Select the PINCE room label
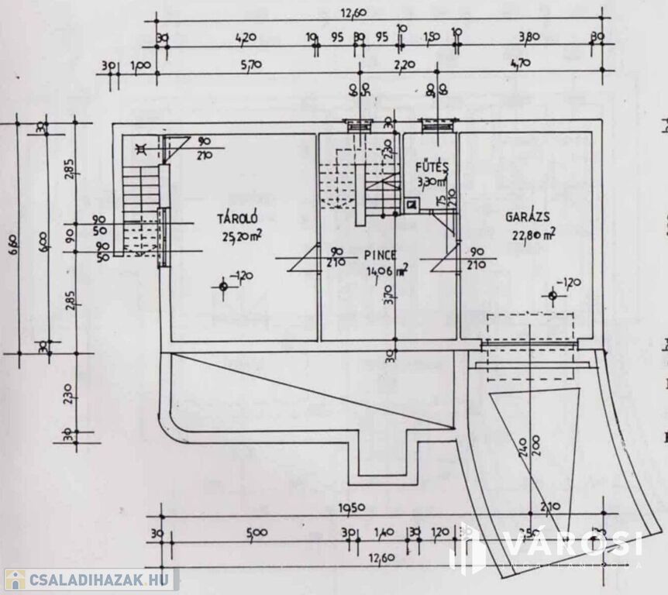point(379,254)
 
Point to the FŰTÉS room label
point(432,167)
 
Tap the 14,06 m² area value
point(387,270)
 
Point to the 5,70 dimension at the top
point(251,65)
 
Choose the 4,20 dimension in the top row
point(246,36)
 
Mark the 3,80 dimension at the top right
point(529,36)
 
